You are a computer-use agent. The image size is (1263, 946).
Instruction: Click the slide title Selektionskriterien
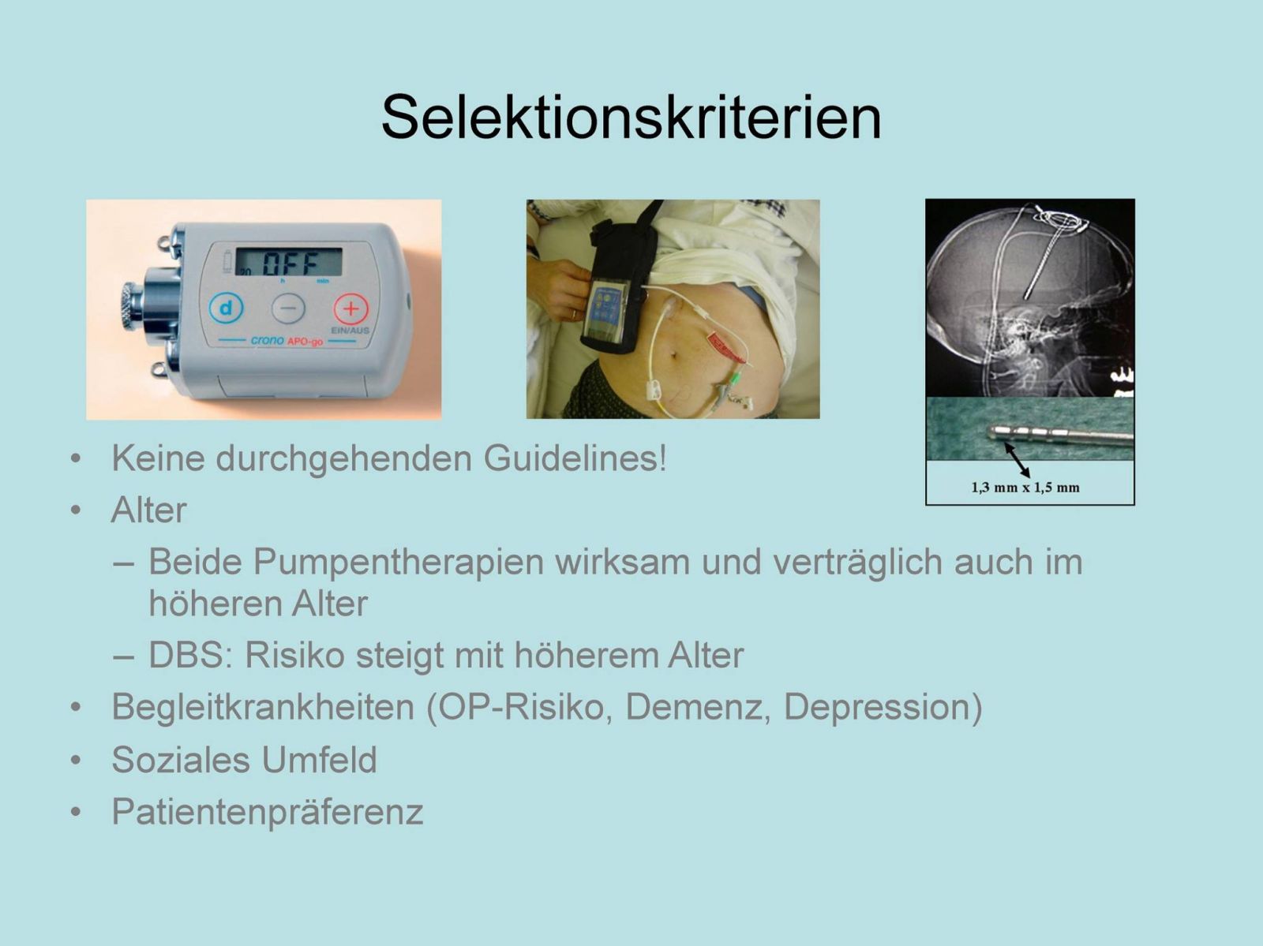click(x=631, y=117)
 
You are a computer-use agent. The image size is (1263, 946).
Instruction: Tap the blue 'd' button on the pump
click(x=226, y=308)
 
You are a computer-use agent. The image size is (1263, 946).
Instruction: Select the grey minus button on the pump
click(x=288, y=308)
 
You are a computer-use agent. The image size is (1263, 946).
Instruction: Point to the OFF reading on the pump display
click(x=290, y=264)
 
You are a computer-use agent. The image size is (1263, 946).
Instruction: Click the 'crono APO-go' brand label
click(x=287, y=341)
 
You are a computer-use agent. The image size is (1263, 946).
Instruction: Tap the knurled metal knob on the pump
click(x=133, y=308)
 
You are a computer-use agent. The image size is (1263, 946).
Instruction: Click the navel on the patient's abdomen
click(x=674, y=353)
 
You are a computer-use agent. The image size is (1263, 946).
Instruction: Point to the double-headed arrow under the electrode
click(x=1017, y=460)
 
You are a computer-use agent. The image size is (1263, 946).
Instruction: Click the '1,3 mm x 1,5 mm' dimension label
click(x=1025, y=488)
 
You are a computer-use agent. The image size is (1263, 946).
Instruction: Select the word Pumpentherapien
click(x=398, y=562)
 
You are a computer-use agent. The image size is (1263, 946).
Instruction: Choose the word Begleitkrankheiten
click(x=262, y=707)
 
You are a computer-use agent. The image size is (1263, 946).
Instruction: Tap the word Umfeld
click(x=319, y=760)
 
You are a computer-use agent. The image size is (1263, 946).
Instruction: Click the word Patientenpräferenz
click(x=268, y=812)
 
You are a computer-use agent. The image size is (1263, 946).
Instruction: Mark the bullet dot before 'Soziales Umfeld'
click(x=76, y=761)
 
